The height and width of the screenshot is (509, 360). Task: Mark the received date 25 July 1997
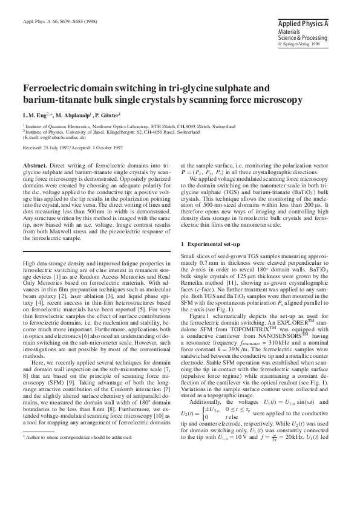coord(53,147)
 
